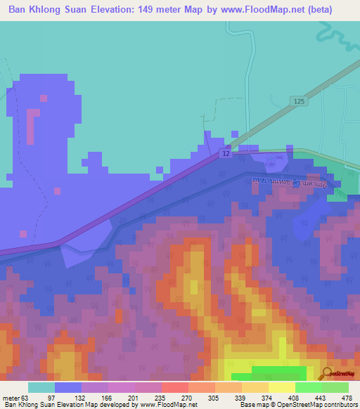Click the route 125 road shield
click(x=298, y=102)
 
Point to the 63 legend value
click(x=25, y=398)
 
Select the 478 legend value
click(x=347, y=398)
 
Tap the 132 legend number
click(x=81, y=398)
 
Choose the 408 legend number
click(x=295, y=398)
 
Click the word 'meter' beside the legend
click(x=11, y=398)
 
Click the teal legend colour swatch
click(x=41, y=387)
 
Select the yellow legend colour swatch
click(x=281, y=387)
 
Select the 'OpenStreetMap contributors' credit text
click(x=309, y=405)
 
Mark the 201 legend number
click(x=134, y=398)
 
